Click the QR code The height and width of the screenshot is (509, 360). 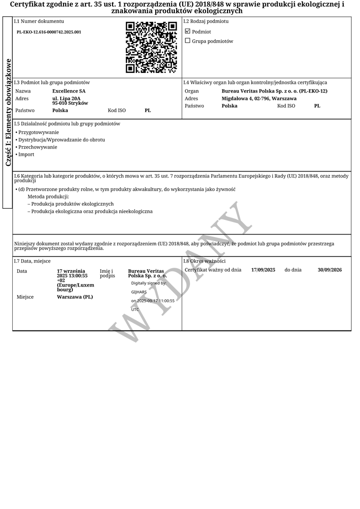click(151, 47)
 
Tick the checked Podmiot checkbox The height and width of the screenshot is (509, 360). click(187, 32)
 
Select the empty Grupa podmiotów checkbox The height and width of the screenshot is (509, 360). click(187, 41)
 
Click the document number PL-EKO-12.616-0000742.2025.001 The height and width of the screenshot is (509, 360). click(49, 32)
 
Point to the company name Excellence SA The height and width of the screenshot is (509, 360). click(69, 91)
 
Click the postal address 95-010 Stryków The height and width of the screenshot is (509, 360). click(70, 103)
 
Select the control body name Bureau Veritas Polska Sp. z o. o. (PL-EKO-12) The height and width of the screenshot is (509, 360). click(274, 91)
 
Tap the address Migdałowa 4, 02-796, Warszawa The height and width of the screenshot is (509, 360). click(259, 98)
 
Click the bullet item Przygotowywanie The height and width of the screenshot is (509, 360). click(39, 132)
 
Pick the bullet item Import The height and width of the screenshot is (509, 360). click(26, 154)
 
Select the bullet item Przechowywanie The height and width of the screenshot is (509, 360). click(38, 147)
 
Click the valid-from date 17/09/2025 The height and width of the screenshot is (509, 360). click(263, 270)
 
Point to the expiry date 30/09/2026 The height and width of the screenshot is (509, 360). click(329, 270)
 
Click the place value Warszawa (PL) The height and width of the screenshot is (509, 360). click(75, 297)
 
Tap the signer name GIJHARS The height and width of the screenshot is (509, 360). click(139, 292)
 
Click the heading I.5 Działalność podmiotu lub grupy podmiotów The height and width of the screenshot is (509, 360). click(67, 124)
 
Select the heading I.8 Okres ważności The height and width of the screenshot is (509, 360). click(204, 261)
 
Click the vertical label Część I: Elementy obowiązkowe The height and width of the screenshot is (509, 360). click(8, 112)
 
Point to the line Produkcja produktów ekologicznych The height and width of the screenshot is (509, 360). click(72, 204)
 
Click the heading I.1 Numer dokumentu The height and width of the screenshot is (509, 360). click(39, 21)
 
